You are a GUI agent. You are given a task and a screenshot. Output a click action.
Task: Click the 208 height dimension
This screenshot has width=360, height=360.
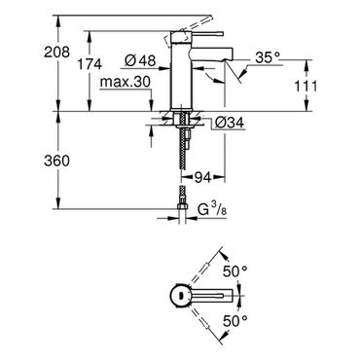tap(56, 52)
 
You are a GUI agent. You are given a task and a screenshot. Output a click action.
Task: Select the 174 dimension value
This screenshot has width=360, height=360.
tap(90, 64)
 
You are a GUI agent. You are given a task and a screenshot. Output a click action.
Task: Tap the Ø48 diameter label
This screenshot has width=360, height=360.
tap(140, 60)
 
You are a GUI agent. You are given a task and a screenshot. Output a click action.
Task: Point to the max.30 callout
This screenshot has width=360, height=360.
tap(126, 83)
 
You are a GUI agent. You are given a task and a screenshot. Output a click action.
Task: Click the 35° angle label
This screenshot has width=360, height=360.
tap(268, 57)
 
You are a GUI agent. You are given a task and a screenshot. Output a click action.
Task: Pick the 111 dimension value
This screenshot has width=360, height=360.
tap(306, 87)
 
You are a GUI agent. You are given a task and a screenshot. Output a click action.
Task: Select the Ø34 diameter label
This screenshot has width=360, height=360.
tap(230, 123)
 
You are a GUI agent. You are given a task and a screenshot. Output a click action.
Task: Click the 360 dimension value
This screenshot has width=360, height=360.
tap(56, 161)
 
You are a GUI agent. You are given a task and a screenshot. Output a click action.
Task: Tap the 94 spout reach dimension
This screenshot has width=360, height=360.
tap(202, 177)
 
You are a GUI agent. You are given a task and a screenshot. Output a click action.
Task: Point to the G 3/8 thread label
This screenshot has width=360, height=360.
tap(212, 210)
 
